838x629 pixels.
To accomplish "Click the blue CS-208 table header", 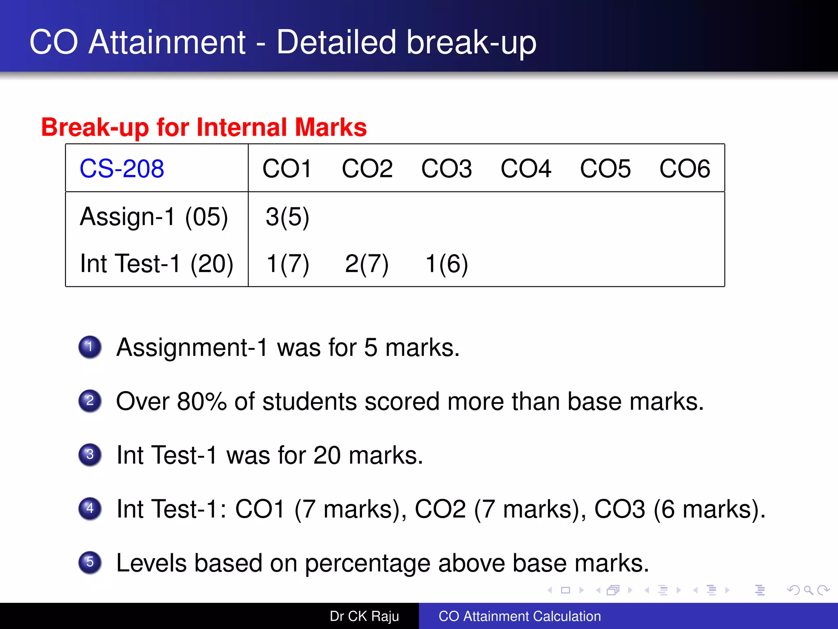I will (x=122, y=168).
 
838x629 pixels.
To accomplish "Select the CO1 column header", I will (x=287, y=168).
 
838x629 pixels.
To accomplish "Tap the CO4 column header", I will (x=526, y=168).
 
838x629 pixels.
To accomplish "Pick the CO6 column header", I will (x=685, y=168).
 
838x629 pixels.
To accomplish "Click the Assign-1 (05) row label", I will (x=153, y=217).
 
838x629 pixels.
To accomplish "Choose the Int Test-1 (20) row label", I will (x=156, y=263).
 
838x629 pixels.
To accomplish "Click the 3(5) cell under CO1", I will (x=287, y=217).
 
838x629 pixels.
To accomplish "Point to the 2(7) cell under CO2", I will (x=367, y=263).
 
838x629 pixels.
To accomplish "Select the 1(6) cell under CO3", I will (x=446, y=263).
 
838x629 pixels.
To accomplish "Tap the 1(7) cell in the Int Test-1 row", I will (x=287, y=263).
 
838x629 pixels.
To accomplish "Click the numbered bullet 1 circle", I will (x=90, y=347).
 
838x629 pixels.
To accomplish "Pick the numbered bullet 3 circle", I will (x=90, y=455).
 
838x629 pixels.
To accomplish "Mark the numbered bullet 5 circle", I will (x=90, y=562).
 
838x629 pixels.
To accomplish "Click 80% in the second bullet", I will (x=202, y=401).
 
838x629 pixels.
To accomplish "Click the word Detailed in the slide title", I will (x=336, y=42).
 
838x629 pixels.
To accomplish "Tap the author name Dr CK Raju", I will (x=364, y=616).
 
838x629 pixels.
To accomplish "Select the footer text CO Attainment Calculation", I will (x=520, y=616).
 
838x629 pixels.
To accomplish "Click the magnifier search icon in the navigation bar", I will (x=808, y=590).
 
